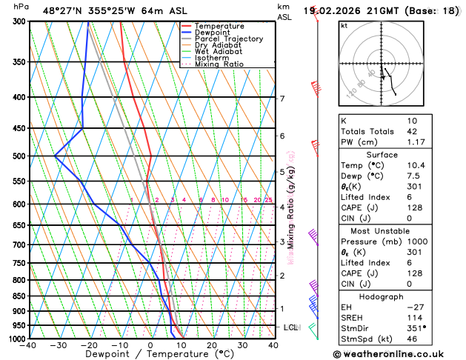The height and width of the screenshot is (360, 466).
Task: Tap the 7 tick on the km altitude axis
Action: [x=282, y=99]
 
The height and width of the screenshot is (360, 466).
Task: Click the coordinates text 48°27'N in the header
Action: [x=63, y=11]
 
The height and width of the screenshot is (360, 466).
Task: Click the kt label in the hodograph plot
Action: [x=344, y=25]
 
